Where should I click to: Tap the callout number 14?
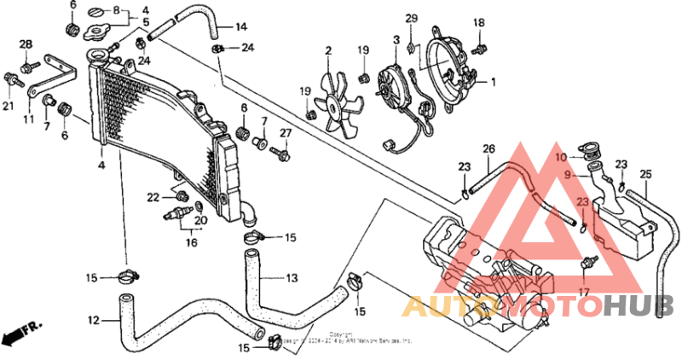point(241,26)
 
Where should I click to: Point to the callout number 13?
point(292,278)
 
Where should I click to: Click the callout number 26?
point(488,149)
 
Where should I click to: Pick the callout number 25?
point(645,175)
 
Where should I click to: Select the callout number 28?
point(26,44)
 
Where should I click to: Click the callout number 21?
point(9,106)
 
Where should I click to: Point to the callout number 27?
point(286,132)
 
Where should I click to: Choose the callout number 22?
point(153,197)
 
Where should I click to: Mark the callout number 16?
point(192,243)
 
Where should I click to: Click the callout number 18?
point(478,23)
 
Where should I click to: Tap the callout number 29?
point(412,19)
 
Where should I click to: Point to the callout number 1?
point(492,82)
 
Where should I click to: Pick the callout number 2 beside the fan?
point(328,51)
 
